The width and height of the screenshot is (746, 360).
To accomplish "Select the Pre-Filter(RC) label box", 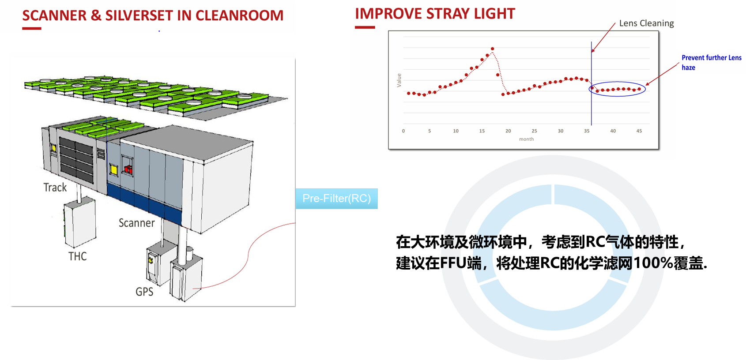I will tap(336, 199).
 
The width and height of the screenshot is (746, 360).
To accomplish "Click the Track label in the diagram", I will tap(55, 187).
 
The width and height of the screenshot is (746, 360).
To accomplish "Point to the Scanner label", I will tap(137, 223).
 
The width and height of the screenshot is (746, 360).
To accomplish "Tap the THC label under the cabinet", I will tap(78, 256).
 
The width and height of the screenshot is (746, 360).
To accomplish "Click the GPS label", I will tap(144, 292).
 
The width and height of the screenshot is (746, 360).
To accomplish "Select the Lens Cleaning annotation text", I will tap(646, 23).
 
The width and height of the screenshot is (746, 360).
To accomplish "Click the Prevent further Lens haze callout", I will tap(711, 62).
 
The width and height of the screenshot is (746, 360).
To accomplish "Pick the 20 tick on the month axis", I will tap(508, 131).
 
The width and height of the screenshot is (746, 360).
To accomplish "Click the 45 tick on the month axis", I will tap(639, 131).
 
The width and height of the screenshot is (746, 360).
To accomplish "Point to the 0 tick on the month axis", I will tap(403, 131).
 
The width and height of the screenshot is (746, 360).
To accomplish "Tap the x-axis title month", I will tap(526, 139).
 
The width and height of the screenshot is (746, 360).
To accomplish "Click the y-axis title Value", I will tap(399, 80).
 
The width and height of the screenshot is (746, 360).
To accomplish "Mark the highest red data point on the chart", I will tap(493, 49).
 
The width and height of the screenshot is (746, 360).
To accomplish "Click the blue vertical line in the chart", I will tap(592, 106).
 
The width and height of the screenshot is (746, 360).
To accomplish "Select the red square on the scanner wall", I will tap(128, 169).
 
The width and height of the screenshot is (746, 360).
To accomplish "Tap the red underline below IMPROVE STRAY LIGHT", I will tap(365, 27).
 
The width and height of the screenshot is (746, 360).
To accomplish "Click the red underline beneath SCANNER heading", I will tap(32, 29).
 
